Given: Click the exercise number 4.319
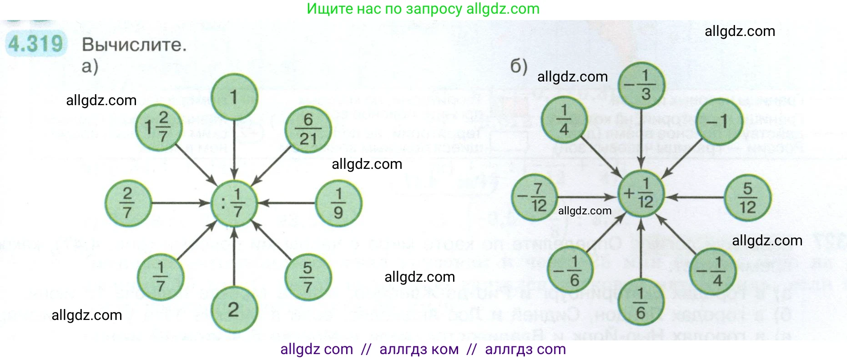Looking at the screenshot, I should pyautogui.click(x=35, y=44).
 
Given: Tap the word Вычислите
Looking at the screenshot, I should pyautogui.click(x=134, y=45).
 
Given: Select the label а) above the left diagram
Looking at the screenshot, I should pyautogui.click(x=90, y=66).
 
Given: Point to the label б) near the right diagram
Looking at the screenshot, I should pyautogui.click(x=519, y=66).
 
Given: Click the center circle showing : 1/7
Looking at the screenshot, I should pyautogui.click(x=234, y=203).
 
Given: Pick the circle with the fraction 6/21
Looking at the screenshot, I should pyautogui.click(x=308, y=129).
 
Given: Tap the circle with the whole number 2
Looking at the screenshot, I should pyautogui.click(x=234, y=310).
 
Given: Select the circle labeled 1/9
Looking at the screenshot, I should pyautogui.click(x=338, y=203).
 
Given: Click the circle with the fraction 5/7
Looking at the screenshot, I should pyautogui.click(x=308, y=277).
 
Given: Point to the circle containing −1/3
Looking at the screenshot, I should pyautogui.click(x=641, y=85).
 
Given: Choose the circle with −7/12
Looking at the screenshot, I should pyautogui.click(x=534, y=197).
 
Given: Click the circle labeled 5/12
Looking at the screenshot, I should pyautogui.click(x=747, y=198).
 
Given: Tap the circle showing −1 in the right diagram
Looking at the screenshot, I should pyautogui.click(x=718, y=122).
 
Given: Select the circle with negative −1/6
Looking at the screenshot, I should pyautogui.click(x=570, y=271).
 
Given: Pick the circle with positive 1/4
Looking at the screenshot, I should pyautogui.click(x=564, y=120).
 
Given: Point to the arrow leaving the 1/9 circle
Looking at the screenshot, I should pyautogui.click(x=287, y=203).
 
